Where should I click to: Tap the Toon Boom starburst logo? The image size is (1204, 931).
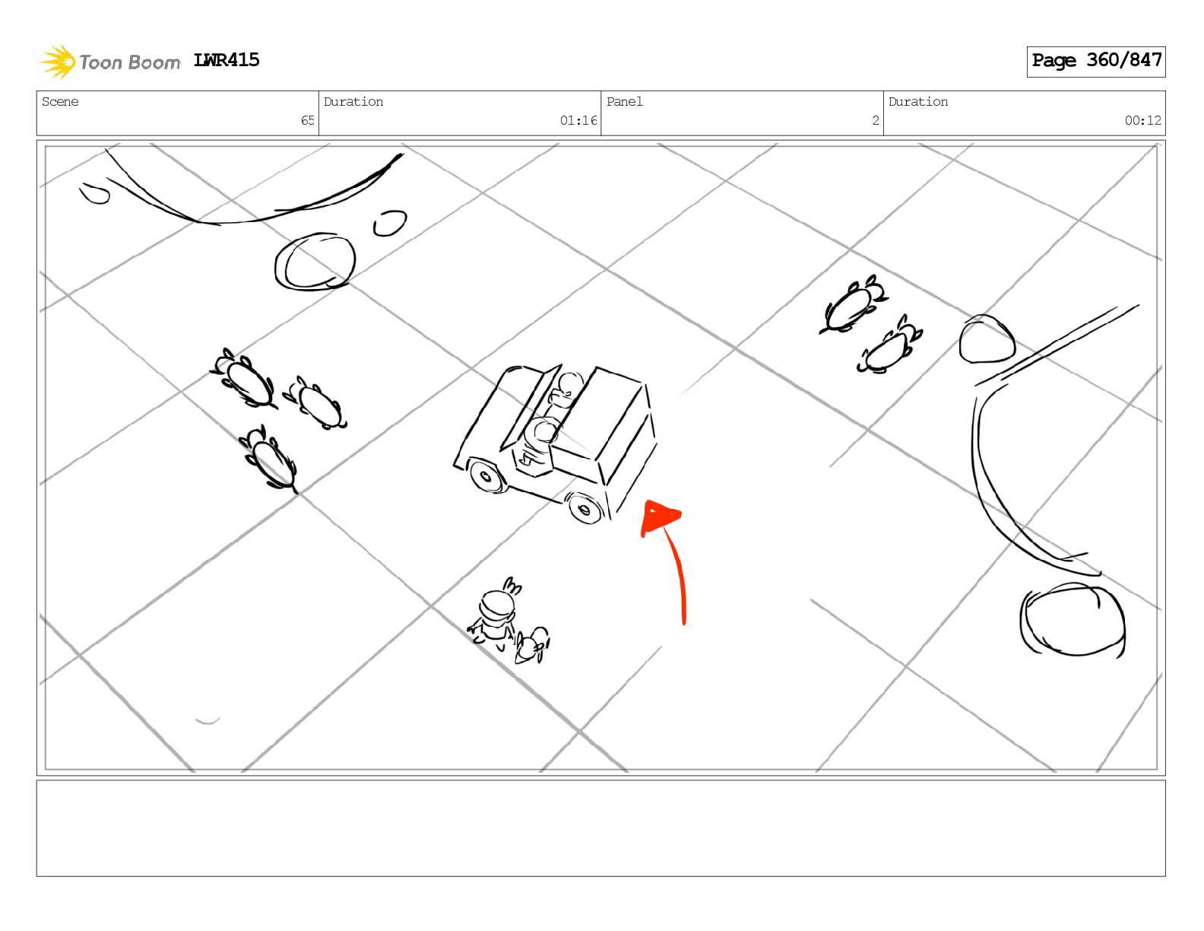point(58,62)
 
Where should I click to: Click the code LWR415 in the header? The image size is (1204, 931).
point(226,60)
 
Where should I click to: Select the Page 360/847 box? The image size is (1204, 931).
point(1095,62)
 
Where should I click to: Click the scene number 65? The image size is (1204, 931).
point(308,120)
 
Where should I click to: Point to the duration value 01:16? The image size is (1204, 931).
point(578,120)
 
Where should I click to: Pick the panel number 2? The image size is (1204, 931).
point(876,120)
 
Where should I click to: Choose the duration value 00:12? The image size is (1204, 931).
point(1142,120)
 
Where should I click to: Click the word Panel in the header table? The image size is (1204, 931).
point(625,101)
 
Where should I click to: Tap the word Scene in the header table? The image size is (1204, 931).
point(60,101)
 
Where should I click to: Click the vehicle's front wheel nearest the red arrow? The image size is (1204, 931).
point(584,507)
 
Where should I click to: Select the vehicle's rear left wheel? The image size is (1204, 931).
point(486,476)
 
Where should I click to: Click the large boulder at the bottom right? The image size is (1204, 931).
point(1073,620)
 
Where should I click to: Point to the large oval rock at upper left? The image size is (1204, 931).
point(315,261)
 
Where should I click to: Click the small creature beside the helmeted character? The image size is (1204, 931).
point(532,646)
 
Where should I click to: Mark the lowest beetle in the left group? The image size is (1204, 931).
point(270,460)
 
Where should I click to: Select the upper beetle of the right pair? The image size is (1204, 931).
point(853,306)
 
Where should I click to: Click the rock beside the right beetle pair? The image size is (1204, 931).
point(987,338)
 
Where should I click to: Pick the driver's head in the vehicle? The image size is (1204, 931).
point(569,383)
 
